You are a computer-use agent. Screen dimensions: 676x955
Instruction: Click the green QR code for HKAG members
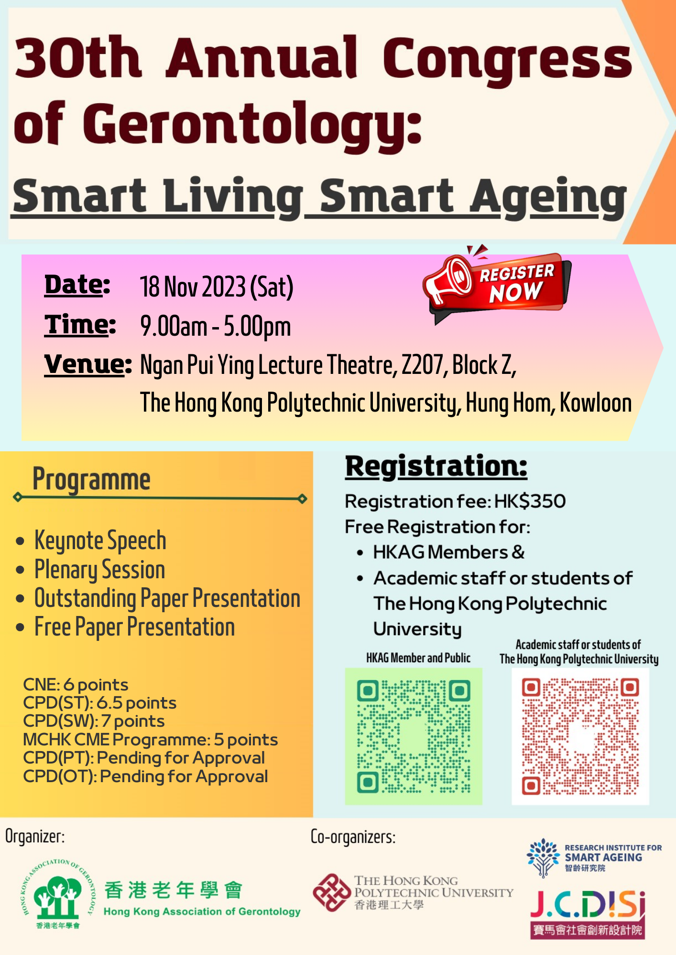pos(414,736)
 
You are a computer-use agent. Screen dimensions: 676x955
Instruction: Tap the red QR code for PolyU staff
pos(580,736)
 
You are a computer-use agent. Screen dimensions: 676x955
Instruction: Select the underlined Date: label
pos(77,285)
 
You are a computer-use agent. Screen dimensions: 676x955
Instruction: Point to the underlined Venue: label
pos(88,365)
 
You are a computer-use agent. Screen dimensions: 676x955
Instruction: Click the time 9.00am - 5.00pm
pos(216,327)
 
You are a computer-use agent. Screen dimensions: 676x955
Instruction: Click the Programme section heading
pos(91,479)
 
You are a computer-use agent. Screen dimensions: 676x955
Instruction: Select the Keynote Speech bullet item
pos(100,541)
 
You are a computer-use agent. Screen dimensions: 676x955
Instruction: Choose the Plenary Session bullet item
pos(99,570)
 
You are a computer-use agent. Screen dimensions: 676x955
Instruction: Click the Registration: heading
pos(436,467)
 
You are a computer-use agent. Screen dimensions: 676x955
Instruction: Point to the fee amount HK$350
pos(530,501)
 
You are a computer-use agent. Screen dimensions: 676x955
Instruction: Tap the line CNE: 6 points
pos(76,685)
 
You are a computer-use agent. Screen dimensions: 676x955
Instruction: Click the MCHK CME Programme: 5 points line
pos(150,740)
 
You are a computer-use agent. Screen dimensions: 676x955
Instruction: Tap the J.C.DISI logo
pos(588,914)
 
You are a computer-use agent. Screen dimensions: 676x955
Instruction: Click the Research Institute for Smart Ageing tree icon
pos(543,858)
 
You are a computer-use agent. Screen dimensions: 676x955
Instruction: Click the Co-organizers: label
pos(353,837)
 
